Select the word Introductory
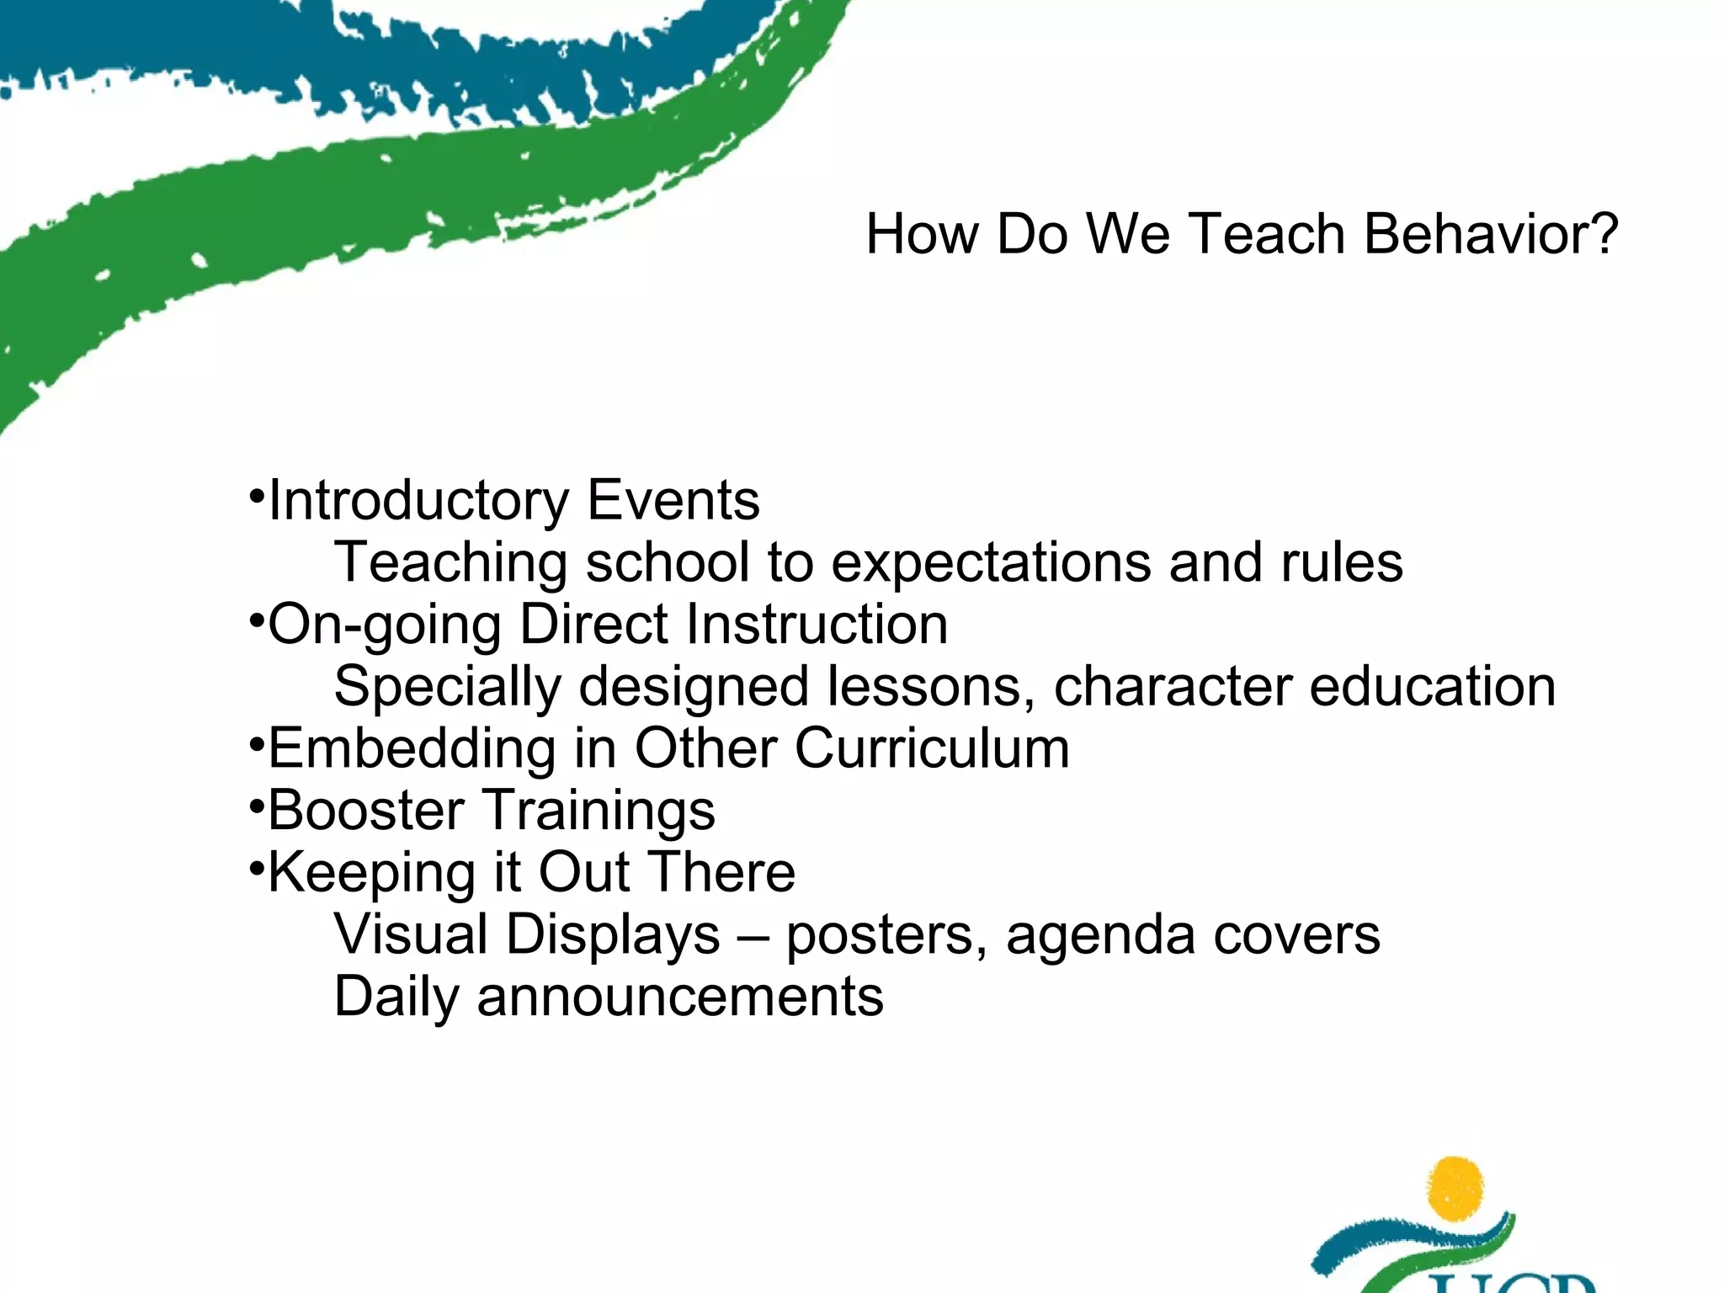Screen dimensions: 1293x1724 [x=418, y=501]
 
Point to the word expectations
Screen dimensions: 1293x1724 [x=990, y=563]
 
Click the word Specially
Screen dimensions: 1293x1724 [x=447, y=688]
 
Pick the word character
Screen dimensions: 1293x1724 [x=1173, y=686]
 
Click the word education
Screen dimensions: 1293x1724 [x=1432, y=686]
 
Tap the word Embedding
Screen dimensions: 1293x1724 [x=412, y=748]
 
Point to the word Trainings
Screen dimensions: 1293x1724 [x=599, y=811]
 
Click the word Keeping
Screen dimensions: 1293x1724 [x=371, y=873]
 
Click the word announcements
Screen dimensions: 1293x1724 [x=680, y=997]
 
